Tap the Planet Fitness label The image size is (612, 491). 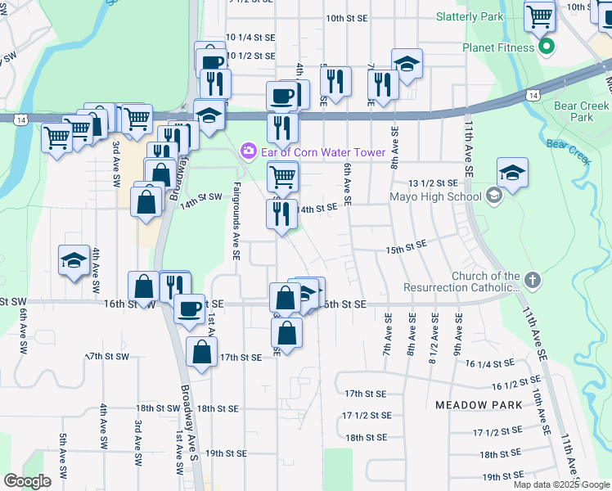click(499, 47)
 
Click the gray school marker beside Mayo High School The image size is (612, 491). click(493, 196)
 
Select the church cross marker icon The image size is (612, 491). click(532, 282)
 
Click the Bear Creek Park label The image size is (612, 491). click(582, 111)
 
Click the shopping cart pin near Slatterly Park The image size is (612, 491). click(540, 16)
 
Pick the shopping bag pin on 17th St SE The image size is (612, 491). click(201, 353)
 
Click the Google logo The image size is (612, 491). click(28, 480)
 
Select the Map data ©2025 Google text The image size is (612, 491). click(561, 484)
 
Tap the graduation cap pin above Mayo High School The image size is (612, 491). click(512, 173)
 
